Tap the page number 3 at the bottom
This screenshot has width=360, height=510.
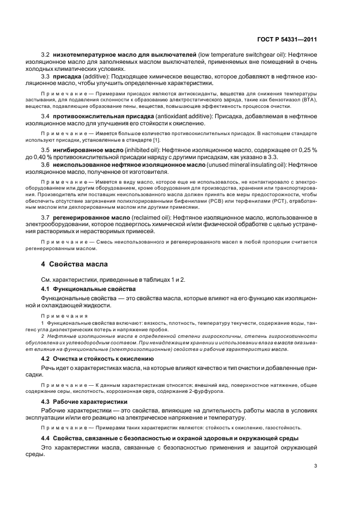tap(316, 465)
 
